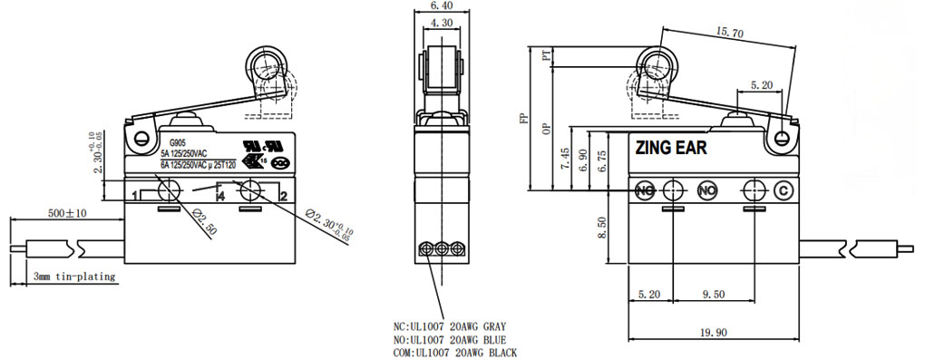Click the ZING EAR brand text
coord(671,147)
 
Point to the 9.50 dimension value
coord(714,295)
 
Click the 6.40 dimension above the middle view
coord(441,5)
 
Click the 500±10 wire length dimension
coord(67,213)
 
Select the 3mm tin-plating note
coord(74,277)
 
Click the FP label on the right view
coord(521,121)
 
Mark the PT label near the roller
coord(546,57)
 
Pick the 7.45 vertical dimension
coord(565,160)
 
